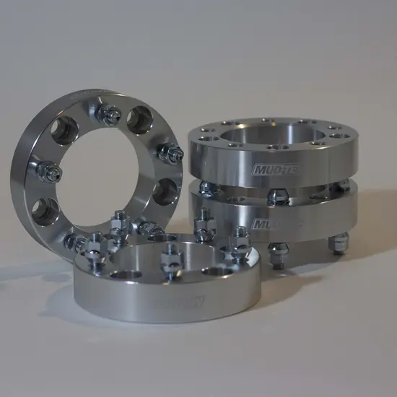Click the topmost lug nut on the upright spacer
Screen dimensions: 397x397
[112, 115]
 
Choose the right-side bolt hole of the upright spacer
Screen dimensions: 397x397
[166, 191]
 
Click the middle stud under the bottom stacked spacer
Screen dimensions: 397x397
[277, 253]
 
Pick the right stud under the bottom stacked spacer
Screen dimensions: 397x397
[336, 244]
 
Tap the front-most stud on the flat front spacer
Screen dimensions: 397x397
[173, 258]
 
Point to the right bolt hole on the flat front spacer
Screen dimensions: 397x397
[217, 270]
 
